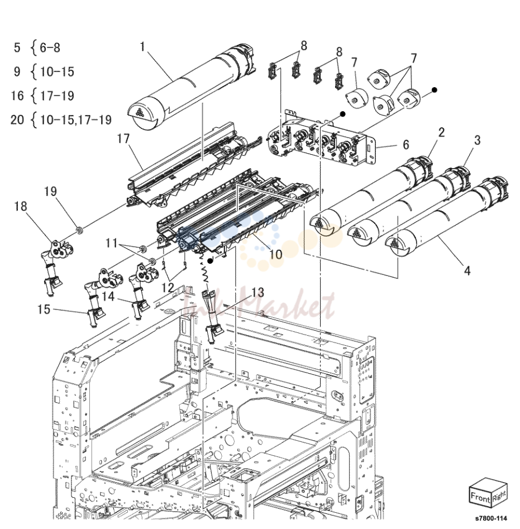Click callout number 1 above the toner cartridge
click(x=142, y=46)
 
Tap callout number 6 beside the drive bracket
click(x=406, y=145)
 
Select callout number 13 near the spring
click(x=257, y=293)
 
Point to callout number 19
click(x=51, y=191)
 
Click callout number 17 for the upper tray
click(x=123, y=139)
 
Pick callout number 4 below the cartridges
click(x=467, y=270)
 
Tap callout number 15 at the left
click(x=44, y=309)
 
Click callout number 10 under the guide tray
click(x=276, y=254)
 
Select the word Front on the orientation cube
click(x=480, y=497)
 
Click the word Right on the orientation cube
click(x=499, y=496)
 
